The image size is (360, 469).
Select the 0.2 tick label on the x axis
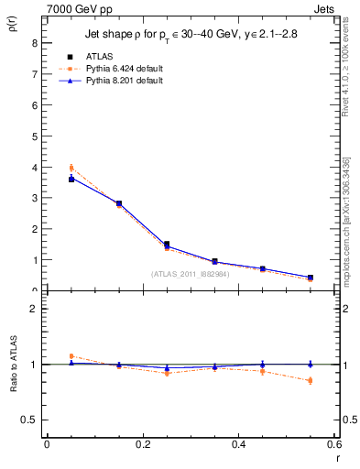pyautogui.click(x=142, y=444)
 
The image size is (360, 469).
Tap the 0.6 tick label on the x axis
pyautogui.click(x=333, y=444)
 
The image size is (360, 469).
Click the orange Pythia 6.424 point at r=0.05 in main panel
pyautogui.click(x=71, y=168)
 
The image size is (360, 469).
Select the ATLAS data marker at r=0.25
pyautogui.click(x=167, y=245)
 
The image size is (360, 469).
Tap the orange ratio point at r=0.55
pyautogui.click(x=311, y=380)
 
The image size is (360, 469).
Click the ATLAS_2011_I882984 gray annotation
pyautogui.click(x=191, y=274)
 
